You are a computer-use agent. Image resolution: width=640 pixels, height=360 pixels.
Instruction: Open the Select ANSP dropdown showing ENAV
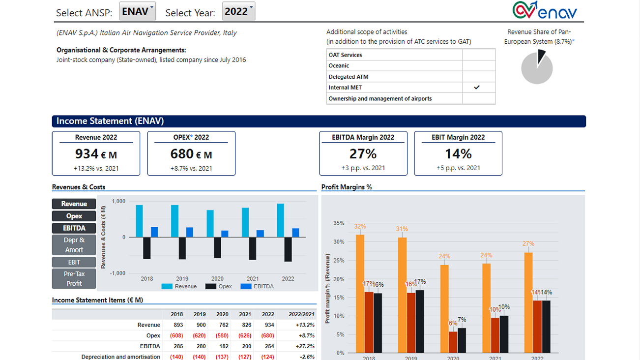click(x=137, y=11)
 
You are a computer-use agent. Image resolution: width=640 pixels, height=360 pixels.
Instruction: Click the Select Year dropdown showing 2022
click(x=238, y=11)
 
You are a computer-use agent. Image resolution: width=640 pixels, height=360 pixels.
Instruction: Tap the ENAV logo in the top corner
click(x=545, y=10)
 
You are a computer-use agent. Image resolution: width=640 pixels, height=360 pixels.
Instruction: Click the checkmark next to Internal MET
click(x=476, y=88)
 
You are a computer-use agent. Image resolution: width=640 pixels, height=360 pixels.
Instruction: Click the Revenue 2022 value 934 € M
click(x=96, y=154)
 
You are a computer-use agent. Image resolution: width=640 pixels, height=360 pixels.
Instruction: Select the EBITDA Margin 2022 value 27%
click(x=363, y=154)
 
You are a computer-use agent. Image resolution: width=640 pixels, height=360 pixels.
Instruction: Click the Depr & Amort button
click(x=74, y=245)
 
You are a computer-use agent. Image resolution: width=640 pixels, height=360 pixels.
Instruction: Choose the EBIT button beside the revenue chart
click(x=74, y=262)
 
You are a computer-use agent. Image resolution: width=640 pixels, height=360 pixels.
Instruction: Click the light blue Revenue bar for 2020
click(x=210, y=224)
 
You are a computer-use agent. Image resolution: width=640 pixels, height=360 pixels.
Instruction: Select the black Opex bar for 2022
click(x=288, y=249)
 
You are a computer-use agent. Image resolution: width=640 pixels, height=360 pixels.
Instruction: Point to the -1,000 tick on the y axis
click(x=118, y=273)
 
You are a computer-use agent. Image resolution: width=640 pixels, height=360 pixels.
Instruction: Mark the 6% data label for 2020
click(x=453, y=323)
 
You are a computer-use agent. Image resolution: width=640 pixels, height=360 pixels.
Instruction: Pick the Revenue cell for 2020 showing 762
click(x=222, y=325)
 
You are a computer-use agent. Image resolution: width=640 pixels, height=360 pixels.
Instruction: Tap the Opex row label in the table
click(x=153, y=336)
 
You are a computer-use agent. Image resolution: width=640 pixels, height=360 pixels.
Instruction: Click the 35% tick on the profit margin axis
click(x=339, y=223)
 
